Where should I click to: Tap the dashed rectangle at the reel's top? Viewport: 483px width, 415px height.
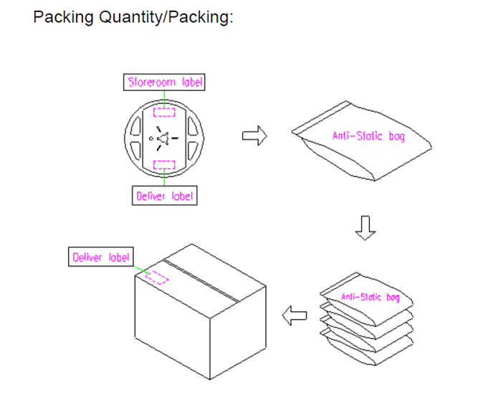(164, 112)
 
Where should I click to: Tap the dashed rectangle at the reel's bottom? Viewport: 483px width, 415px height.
(164, 165)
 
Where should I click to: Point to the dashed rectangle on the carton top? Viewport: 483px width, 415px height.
(157, 277)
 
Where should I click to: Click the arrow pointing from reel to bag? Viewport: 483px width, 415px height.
(254, 135)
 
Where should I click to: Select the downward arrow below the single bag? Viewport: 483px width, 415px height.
(365, 228)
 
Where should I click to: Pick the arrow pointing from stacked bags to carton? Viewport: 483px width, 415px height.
(295, 315)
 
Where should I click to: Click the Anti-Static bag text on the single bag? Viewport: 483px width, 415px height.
(368, 136)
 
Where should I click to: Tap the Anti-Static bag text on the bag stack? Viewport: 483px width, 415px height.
(370, 297)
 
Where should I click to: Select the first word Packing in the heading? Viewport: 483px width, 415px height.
(63, 17)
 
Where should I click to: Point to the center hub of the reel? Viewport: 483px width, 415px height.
(163, 138)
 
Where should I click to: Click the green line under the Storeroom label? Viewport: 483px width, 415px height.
(164, 99)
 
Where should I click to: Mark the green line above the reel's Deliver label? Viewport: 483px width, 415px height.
(164, 178)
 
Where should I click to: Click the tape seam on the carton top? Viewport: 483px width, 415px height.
(201, 281)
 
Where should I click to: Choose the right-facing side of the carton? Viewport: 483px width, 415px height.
(238, 333)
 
